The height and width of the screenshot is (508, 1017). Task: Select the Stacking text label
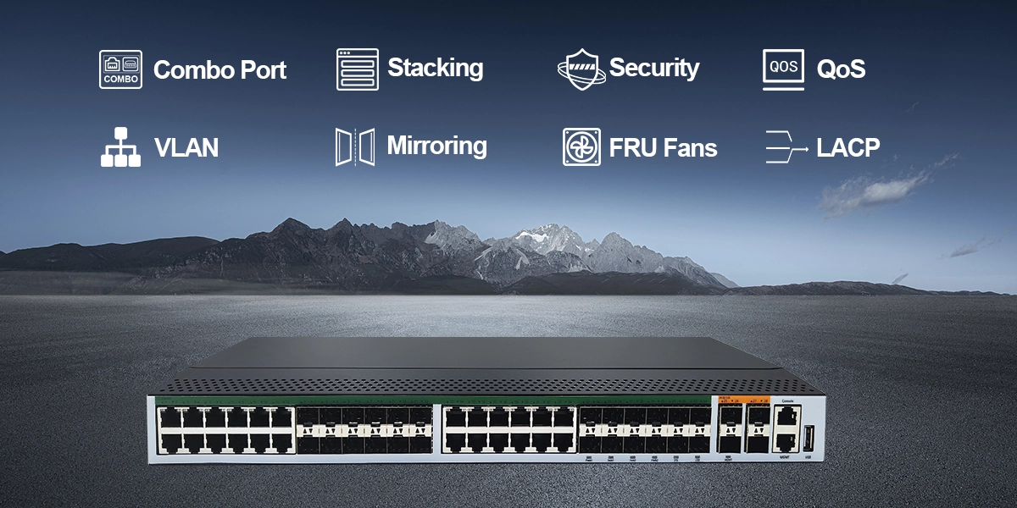tap(435, 68)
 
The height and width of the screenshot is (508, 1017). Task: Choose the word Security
tap(653, 68)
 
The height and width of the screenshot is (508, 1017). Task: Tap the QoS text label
tap(841, 69)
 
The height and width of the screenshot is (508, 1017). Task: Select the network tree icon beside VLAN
tap(120, 147)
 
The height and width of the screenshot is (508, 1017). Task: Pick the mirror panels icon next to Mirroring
tap(354, 147)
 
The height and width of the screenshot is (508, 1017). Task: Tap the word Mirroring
tap(436, 146)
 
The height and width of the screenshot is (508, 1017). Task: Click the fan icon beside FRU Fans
tap(581, 147)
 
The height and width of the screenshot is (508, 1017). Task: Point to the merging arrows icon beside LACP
tap(784, 147)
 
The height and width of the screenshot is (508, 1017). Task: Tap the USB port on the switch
tap(808, 439)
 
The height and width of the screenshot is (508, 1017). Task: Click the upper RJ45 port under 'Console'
tap(786, 415)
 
